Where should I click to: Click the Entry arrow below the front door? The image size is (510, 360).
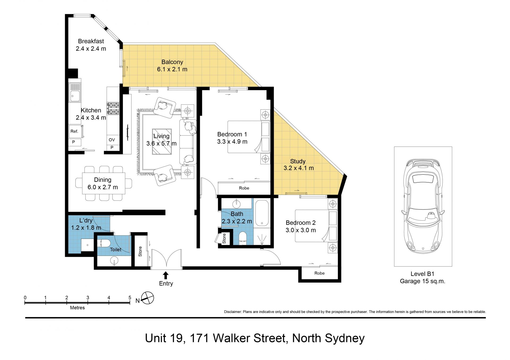point(166,275)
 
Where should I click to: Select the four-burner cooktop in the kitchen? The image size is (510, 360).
point(113,109)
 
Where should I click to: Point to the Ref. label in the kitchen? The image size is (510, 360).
point(74,131)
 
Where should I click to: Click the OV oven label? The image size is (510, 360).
point(112,140)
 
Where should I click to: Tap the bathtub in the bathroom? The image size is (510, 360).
point(262,213)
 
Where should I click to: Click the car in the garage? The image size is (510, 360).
point(423,206)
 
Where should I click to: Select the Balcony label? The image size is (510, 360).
point(172,62)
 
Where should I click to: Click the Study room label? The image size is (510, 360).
point(298,161)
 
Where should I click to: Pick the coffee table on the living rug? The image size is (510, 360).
point(162,142)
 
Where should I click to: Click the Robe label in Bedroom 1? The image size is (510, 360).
point(244,188)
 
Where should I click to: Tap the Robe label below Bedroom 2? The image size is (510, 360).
point(320,273)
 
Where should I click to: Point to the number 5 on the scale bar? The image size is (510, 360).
point(130,298)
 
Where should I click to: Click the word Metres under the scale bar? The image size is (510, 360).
point(77,308)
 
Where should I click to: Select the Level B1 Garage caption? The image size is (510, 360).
point(423,278)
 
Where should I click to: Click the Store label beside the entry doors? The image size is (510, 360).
point(140,251)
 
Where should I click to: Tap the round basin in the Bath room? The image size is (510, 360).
point(236,204)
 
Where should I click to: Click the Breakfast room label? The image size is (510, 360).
point(91,41)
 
